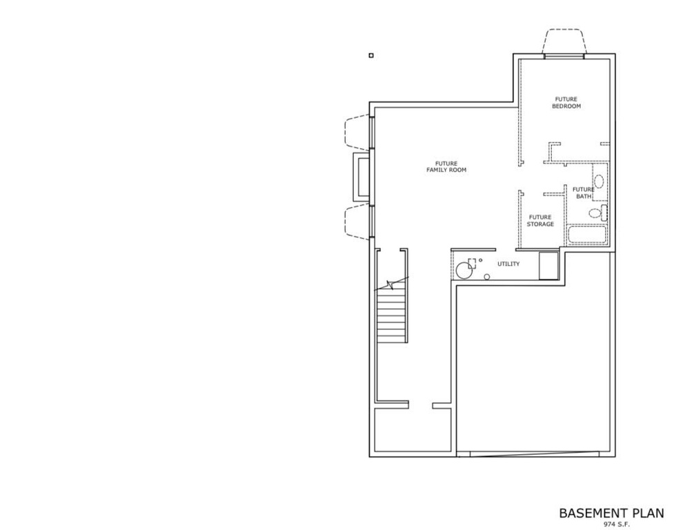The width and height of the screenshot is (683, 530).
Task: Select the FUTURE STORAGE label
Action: click(x=540, y=220)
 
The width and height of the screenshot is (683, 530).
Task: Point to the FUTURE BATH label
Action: click(x=584, y=193)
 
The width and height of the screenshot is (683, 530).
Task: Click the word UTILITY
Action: click(x=508, y=264)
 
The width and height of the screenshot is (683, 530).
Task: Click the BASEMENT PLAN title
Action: click(x=611, y=513)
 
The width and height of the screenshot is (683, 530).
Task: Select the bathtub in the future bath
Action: click(x=586, y=235)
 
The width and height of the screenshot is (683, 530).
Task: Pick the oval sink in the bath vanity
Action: click(x=599, y=181)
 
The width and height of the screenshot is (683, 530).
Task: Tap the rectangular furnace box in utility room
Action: click(x=548, y=266)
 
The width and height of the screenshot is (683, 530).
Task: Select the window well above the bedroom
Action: click(x=565, y=41)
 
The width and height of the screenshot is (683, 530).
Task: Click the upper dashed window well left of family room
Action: click(x=357, y=132)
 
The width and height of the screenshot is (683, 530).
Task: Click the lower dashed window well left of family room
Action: click(x=357, y=221)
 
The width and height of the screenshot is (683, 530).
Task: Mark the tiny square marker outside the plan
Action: click(x=371, y=56)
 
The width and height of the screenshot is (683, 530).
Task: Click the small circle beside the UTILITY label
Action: click(x=487, y=277)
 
